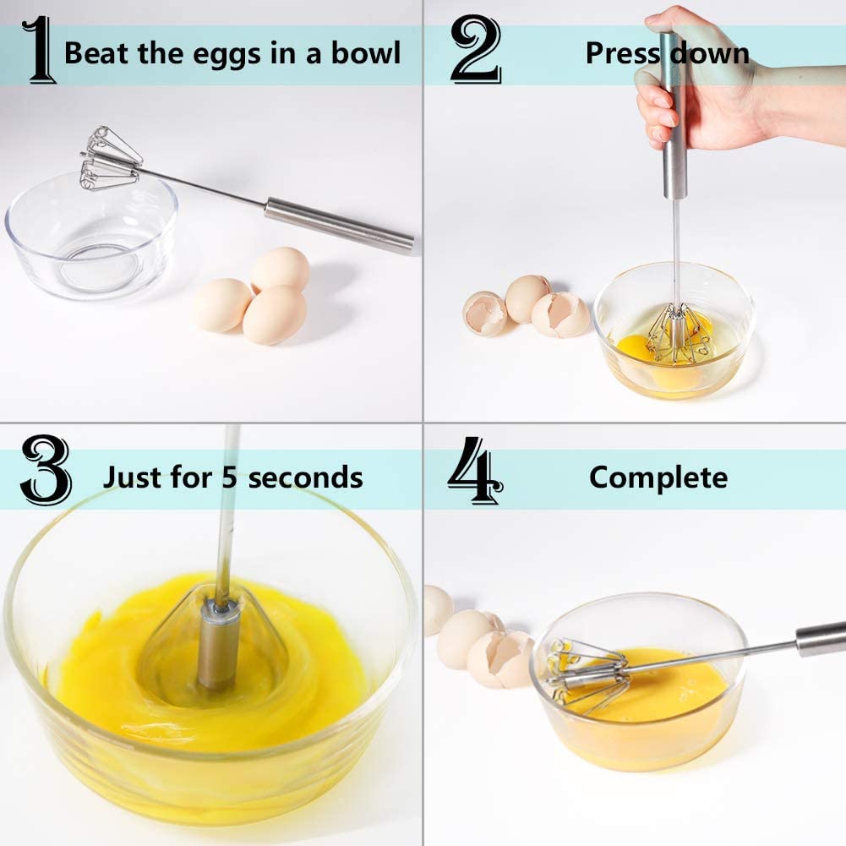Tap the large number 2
click(475, 51)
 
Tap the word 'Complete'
click(658, 478)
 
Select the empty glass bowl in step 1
click(89, 245)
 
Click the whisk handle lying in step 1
click(338, 224)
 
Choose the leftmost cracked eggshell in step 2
click(485, 314)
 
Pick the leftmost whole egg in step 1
click(221, 305)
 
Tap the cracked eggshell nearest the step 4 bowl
click(504, 658)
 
